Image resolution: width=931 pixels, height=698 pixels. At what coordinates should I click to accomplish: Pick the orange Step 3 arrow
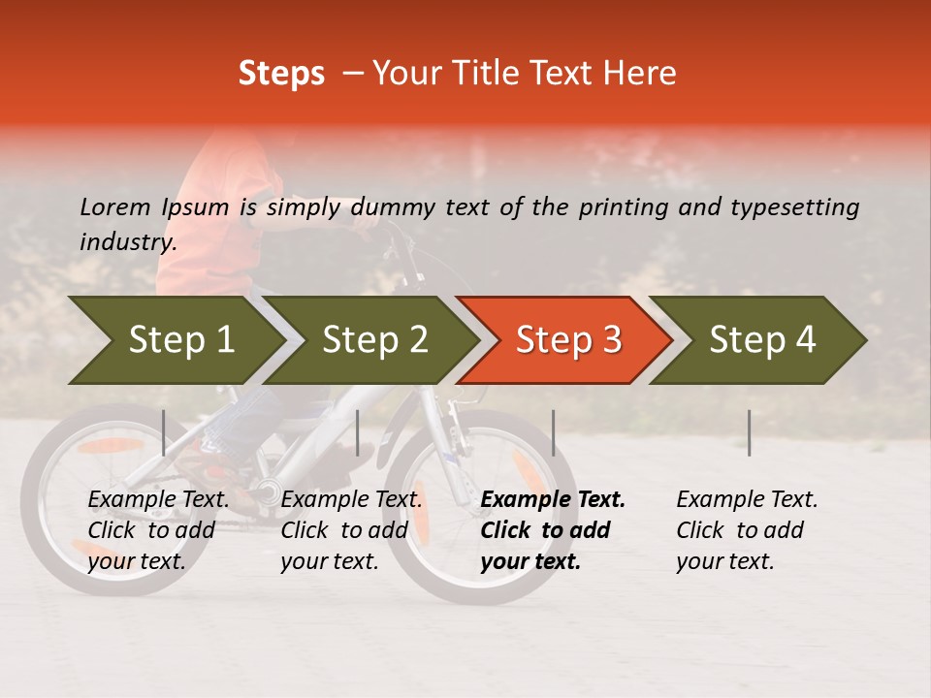568,340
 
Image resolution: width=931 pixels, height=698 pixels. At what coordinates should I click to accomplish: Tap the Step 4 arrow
762,340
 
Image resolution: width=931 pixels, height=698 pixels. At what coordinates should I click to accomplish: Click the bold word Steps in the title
281,74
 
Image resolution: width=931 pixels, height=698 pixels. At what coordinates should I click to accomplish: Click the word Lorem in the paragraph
115,206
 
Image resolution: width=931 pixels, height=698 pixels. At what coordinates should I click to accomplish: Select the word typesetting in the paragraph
795,206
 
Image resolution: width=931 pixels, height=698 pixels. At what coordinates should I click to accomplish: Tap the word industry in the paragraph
128,242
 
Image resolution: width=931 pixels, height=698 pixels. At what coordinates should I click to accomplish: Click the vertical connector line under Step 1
164,432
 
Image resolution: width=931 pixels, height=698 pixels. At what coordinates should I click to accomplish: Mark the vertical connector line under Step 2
358,432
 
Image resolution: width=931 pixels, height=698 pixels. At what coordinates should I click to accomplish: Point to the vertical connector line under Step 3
553,432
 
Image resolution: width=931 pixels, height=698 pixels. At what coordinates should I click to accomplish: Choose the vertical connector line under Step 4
749,432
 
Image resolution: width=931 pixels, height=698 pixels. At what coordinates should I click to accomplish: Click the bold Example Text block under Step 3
552,530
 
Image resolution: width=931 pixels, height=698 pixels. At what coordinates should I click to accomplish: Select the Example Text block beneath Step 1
158,530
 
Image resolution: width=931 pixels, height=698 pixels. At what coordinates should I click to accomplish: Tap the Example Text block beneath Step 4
746,530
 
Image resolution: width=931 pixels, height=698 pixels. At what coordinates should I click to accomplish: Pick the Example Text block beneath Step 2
350,530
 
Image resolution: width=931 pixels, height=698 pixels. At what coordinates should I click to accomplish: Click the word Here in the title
640,74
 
